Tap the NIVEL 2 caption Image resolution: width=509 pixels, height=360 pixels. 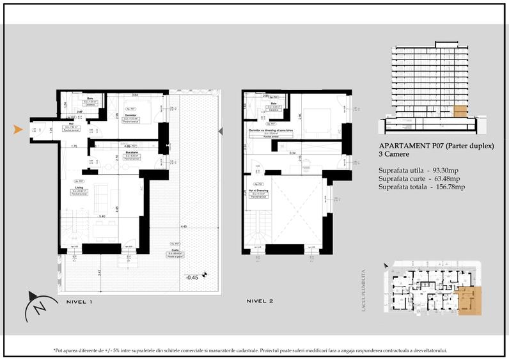pyautogui.click(x=262, y=300)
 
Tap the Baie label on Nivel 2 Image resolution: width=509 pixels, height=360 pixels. pyautogui.click(x=273, y=103)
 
